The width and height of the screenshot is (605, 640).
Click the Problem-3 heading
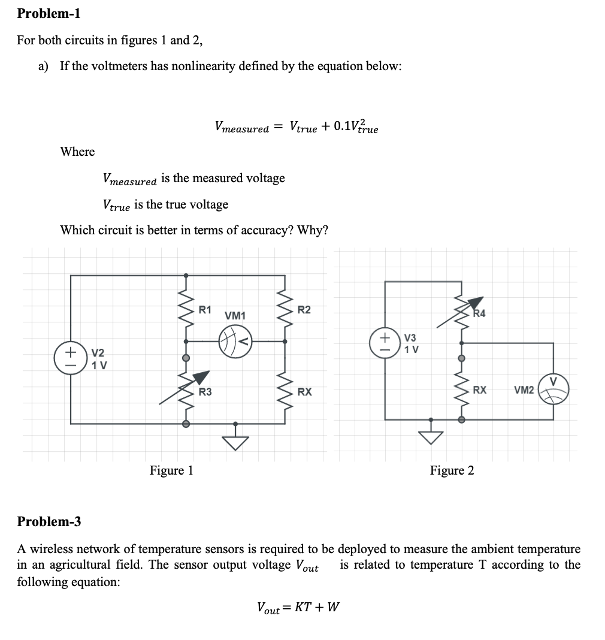point(49,521)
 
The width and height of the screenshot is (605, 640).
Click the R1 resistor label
point(205,310)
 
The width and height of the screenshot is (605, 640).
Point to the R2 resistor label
point(304,310)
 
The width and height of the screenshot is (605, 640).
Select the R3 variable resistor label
point(205,393)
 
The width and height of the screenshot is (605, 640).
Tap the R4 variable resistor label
point(479,313)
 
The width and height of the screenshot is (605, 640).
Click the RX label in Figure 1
point(304,393)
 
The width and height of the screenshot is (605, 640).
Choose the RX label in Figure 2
point(479,390)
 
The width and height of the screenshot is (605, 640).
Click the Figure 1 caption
point(171,470)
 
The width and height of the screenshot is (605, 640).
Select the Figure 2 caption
point(452,470)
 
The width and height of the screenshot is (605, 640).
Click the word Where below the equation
point(77,152)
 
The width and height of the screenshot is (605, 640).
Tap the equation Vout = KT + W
point(298,608)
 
